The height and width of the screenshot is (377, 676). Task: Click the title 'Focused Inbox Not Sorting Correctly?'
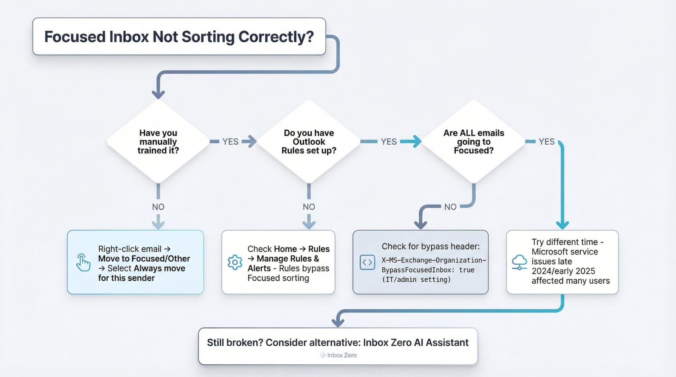pos(179,37)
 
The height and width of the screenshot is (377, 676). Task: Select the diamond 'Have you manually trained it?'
pos(158,142)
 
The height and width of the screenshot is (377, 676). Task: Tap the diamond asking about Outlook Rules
pos(309,142)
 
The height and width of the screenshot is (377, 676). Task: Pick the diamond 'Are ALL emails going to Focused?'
pos(474,142)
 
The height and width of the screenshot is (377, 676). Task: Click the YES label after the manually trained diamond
pos(230,142)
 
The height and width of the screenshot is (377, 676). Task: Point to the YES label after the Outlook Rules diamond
pos(388,142)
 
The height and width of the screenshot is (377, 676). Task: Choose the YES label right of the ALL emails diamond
pos(546,142)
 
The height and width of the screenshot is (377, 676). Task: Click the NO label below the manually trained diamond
pos(158,207)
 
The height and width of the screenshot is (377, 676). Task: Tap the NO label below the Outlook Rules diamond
pos(309,207)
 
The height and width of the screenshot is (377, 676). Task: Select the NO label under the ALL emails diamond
pos(450,207)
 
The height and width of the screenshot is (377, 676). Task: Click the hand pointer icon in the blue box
pos(83,263)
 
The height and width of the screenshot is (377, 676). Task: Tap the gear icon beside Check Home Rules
pos(235,263)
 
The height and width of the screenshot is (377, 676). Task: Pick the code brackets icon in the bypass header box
pos(367,263)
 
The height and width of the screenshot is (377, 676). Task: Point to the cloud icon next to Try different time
pos(519,263)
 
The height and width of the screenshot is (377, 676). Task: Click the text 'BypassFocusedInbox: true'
pos(428,270)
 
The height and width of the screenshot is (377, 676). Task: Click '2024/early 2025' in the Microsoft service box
pos(563,271)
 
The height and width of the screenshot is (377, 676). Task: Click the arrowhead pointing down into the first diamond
pos(158,94)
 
